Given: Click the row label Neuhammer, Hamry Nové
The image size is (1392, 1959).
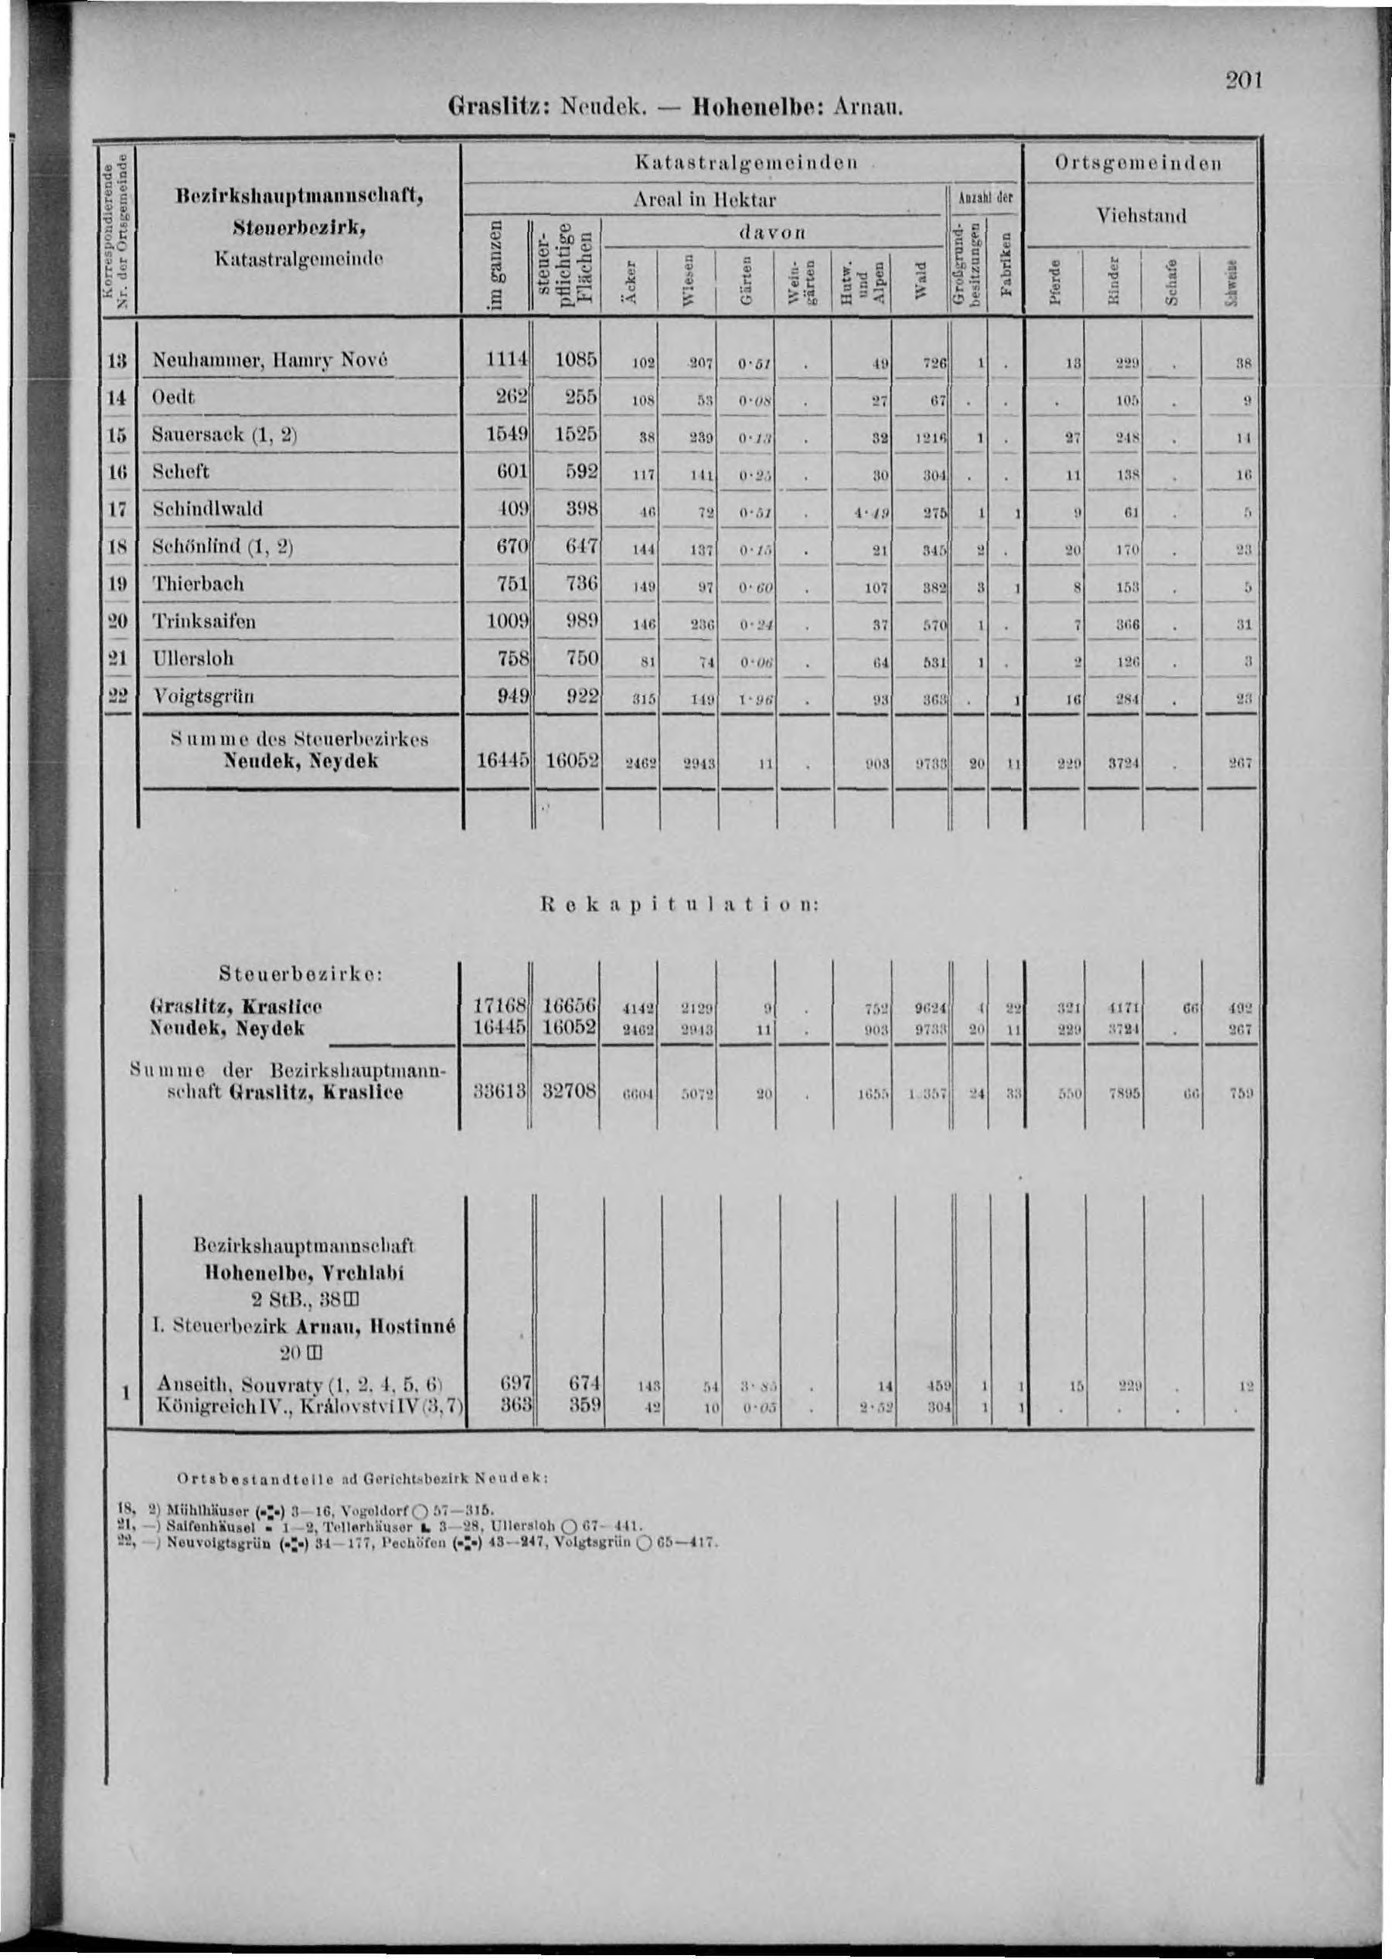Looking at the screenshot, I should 270,361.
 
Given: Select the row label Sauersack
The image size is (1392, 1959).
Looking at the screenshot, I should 225,434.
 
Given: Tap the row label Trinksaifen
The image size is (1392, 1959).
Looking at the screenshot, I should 203,621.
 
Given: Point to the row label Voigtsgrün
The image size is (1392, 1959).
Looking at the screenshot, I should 203,696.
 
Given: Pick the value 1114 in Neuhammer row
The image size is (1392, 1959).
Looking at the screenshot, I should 505,361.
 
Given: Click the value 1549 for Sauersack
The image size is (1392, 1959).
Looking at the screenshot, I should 505,434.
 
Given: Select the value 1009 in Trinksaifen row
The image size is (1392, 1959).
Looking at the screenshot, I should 505,621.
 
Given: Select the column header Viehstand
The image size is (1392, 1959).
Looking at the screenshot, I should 1143,216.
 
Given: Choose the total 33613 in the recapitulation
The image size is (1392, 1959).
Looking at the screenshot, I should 500,1093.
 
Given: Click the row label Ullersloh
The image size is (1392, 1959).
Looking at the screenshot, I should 193,658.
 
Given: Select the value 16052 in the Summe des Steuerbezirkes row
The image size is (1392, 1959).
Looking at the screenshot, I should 569,761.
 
